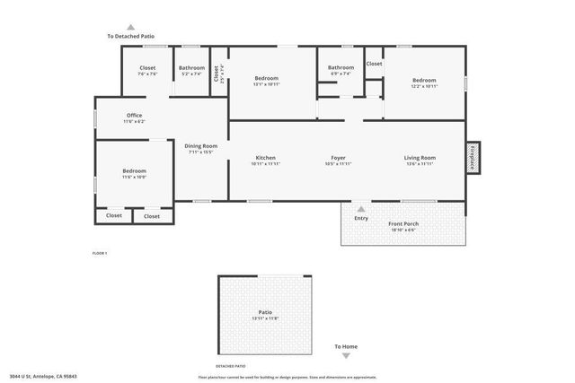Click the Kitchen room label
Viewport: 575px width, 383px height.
click(265, 158)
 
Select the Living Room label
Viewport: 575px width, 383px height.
click(420, 158)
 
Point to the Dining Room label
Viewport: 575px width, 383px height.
click(201, 146)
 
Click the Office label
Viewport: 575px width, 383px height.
click(134, 115)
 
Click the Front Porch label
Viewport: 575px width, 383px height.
click(403, 223)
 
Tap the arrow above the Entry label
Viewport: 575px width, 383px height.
click(361, 209)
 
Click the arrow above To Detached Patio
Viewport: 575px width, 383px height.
click(131, 28)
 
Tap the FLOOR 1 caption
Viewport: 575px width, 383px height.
click(100, 254)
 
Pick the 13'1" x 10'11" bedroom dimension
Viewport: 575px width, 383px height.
click(266, 84)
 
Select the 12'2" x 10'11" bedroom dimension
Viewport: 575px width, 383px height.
click(424, 86)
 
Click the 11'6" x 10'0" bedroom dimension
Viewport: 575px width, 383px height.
click(134, 177)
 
